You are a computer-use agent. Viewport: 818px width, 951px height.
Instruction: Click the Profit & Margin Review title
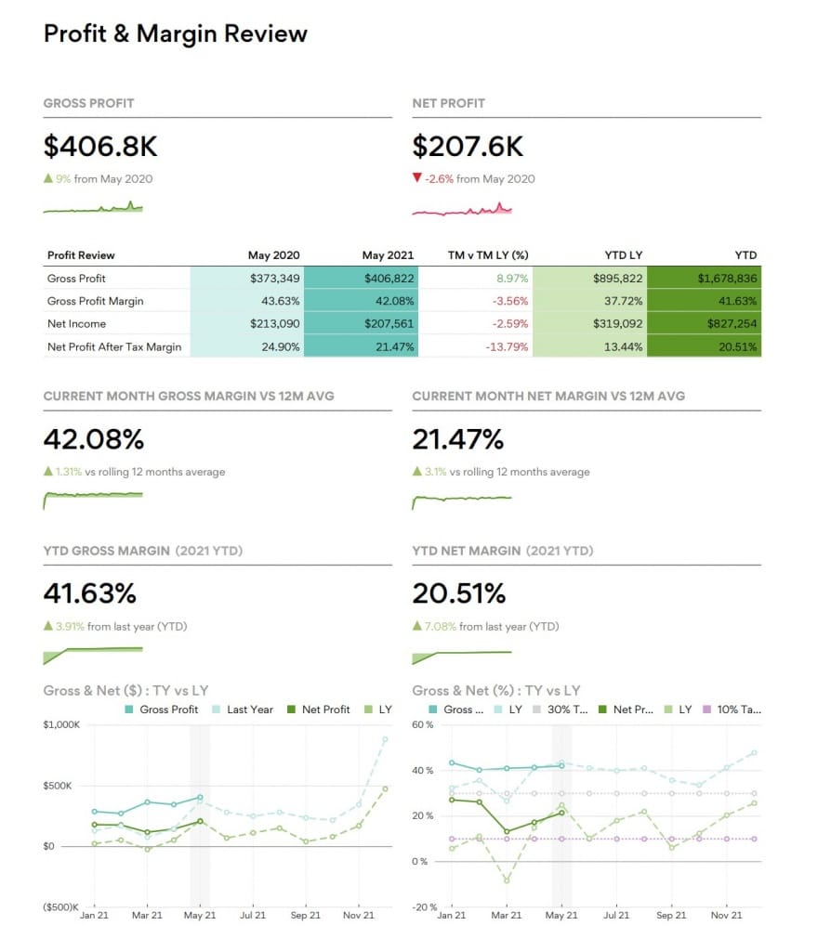(175, 34)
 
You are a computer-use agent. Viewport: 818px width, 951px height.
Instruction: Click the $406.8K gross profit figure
(99, 146)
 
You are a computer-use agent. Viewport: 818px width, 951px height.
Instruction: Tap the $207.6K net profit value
(468, 146)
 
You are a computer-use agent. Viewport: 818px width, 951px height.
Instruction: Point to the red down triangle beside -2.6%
(417, 179)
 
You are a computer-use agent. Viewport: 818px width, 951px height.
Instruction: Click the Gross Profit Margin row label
(95, 301)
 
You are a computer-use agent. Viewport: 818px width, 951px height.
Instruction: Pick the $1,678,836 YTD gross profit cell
(727, 278)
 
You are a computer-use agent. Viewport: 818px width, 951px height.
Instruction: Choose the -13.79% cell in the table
(502, 347)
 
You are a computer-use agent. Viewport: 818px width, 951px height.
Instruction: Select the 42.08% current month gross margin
(94, 439)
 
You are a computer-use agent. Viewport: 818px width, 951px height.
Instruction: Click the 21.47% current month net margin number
(458, 439)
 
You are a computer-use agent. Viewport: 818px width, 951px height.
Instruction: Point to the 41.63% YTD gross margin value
(90, 593)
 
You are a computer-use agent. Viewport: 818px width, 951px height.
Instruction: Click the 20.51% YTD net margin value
(459, 593)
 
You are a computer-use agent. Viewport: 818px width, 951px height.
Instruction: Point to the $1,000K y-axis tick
(62, 724)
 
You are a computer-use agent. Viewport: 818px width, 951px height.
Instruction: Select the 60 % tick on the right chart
(423, 724)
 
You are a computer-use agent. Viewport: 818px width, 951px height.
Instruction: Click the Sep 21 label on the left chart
(306, 916)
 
